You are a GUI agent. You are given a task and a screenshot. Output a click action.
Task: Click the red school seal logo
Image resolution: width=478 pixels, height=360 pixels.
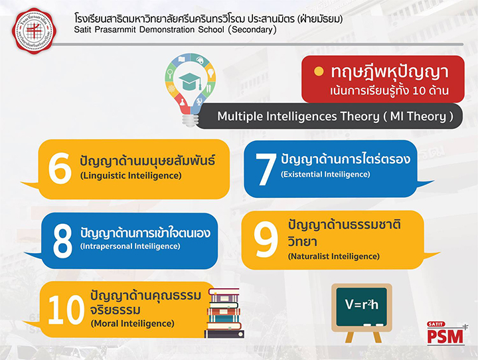(34, 31)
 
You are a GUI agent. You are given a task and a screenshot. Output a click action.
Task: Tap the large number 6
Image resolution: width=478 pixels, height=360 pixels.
(60, 168)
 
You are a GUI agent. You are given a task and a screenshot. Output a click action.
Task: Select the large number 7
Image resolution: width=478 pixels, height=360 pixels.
(266, 169)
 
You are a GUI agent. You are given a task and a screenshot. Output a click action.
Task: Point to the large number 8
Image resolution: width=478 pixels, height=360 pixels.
(62, 241)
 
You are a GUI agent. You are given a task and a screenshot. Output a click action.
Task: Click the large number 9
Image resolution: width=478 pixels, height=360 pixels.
(266, 239)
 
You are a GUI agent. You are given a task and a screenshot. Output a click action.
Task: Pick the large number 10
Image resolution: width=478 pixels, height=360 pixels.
(66, 310)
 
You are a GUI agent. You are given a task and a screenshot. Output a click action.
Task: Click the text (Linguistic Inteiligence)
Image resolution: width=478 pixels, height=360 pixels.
(131, 176)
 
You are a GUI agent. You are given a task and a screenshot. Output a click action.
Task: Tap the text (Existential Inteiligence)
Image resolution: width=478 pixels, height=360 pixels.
(325, 174)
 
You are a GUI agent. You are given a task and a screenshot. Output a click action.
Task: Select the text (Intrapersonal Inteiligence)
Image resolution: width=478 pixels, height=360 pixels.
(130, 246)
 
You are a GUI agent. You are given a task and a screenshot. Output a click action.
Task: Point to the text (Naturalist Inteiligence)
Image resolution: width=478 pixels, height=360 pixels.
(334, 256)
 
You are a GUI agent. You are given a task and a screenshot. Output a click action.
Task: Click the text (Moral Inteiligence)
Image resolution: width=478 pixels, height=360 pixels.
(133, 323)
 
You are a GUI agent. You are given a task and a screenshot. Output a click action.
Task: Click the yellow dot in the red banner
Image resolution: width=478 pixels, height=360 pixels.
(319, 72)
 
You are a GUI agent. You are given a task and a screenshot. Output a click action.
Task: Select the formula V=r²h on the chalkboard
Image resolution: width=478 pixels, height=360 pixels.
(362, 304)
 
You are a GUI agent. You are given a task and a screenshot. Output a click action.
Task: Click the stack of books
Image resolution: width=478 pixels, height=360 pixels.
(224, 313)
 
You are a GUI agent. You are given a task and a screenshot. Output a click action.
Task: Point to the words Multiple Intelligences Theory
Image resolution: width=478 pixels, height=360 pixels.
(298, 116)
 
